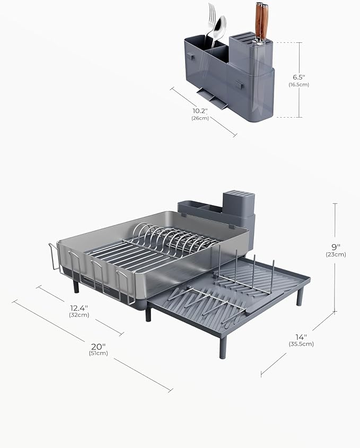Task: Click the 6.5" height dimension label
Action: click(299, 76)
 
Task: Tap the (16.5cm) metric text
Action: click(299, 84)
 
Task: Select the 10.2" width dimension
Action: click(200, 110)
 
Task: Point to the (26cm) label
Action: click(200, 118)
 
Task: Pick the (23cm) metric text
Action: click(336, 254)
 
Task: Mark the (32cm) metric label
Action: click(79, 314)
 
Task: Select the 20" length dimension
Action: click(98, 345)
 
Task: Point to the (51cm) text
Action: click(98, 353)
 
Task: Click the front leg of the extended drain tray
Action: click(222, 347)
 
